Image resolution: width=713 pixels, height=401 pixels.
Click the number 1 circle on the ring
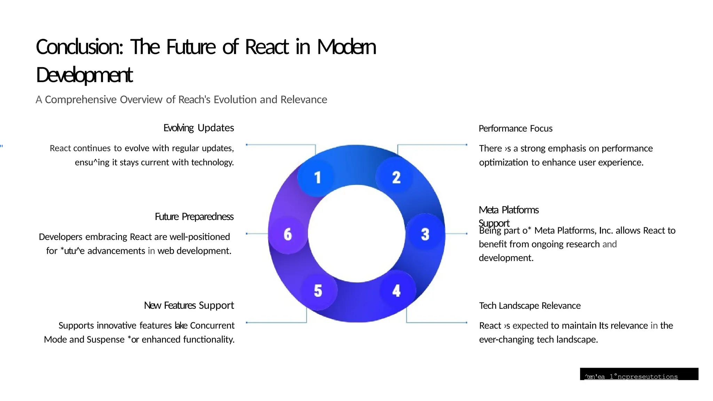[x=317, y=178]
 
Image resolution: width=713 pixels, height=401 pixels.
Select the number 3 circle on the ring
[x=425, y=234]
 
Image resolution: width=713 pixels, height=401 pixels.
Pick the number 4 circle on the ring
[x=397, y=290]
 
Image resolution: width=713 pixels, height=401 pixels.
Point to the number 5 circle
[x=318, y=290]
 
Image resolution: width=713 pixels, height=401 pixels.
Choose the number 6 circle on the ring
[x=288, y=234]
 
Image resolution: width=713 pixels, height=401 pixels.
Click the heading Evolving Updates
[x=198, y=128]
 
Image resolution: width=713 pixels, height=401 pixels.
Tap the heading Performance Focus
[x=515, y=128]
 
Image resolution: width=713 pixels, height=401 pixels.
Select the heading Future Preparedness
[x=194, y=217]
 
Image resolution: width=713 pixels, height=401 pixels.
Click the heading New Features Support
[x=189, y=305]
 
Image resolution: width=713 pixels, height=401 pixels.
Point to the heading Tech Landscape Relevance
[x=530, y=306]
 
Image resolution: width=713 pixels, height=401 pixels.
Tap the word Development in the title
[x=84, y=75]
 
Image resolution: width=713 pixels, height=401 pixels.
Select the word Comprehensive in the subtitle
[x=81, y=100]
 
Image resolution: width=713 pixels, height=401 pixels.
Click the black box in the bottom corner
[x=639, y=374]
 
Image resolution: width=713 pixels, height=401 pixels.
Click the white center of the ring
[x=356, y=234]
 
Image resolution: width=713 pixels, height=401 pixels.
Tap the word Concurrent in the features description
[x=212, y=325]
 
